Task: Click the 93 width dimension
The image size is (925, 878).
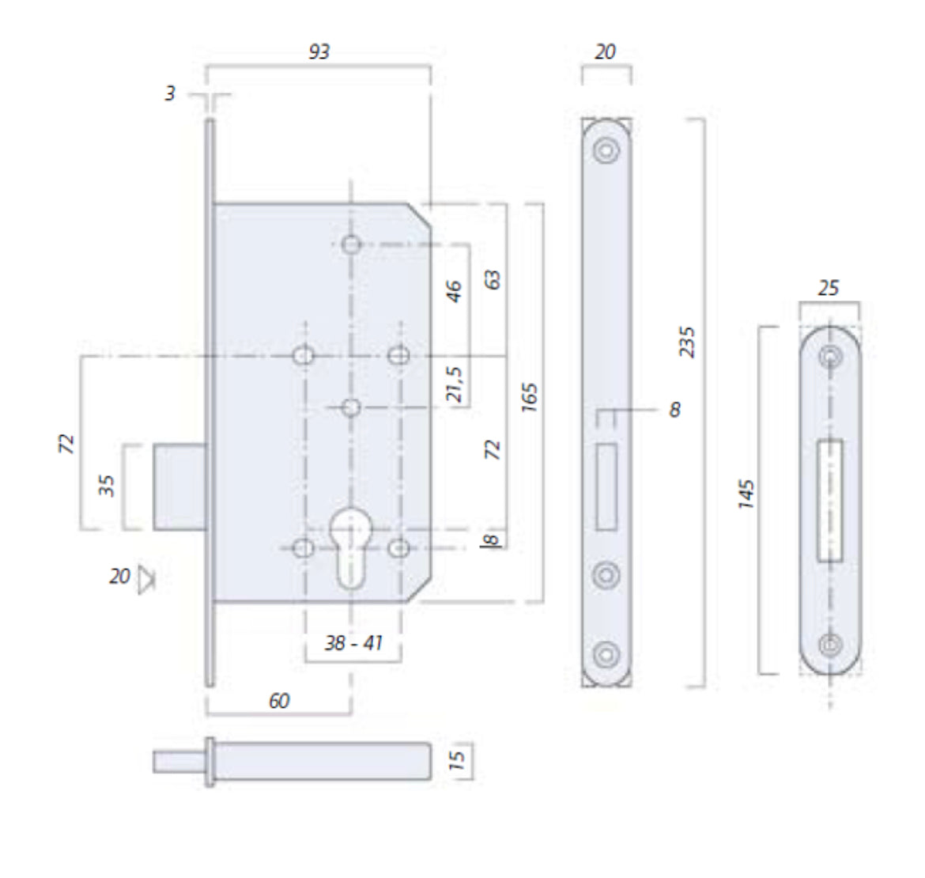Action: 319,52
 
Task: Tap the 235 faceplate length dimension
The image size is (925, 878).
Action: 687,342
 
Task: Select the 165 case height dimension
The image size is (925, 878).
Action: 530,397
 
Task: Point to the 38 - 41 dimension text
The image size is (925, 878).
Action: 353,642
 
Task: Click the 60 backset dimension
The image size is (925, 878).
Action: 279,700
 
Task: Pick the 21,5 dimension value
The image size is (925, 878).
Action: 455,384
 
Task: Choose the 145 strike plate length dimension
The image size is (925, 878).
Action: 746,494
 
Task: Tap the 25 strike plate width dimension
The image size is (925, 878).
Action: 829,288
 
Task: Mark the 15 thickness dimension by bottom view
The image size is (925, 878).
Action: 457,760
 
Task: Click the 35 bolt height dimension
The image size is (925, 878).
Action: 106,485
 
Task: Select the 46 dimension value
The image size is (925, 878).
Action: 454,291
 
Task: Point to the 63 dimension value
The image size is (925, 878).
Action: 492,280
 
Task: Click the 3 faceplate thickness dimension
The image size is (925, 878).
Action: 170,93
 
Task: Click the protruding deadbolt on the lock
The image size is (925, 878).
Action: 180,486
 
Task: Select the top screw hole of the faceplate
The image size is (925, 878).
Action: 606,149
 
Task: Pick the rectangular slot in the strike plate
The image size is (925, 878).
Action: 829,501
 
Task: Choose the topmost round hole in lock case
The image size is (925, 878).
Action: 352,244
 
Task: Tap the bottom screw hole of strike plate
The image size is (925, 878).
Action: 830,644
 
